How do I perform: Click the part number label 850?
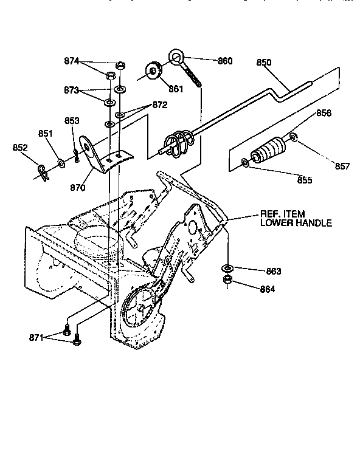264,62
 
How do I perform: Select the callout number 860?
226,61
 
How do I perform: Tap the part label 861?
176,89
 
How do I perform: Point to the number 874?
72,61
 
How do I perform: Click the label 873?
72,90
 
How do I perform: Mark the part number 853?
72,120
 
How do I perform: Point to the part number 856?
324,114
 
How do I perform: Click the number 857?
343,166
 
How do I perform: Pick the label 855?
305,180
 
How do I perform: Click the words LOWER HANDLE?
296,224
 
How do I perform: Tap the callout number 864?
266,289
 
